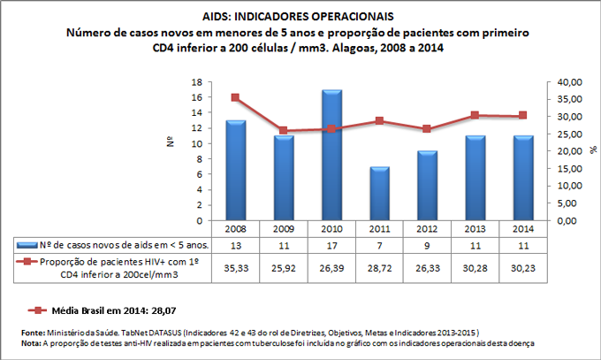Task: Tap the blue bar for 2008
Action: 236,171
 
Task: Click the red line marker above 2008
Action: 236,97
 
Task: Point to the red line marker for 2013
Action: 475,115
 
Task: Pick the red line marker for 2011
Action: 379,120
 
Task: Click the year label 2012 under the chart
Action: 427,228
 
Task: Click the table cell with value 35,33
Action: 236,267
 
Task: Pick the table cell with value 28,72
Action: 379,267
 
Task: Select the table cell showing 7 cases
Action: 379,243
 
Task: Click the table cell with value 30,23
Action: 522,267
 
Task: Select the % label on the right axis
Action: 592,150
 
